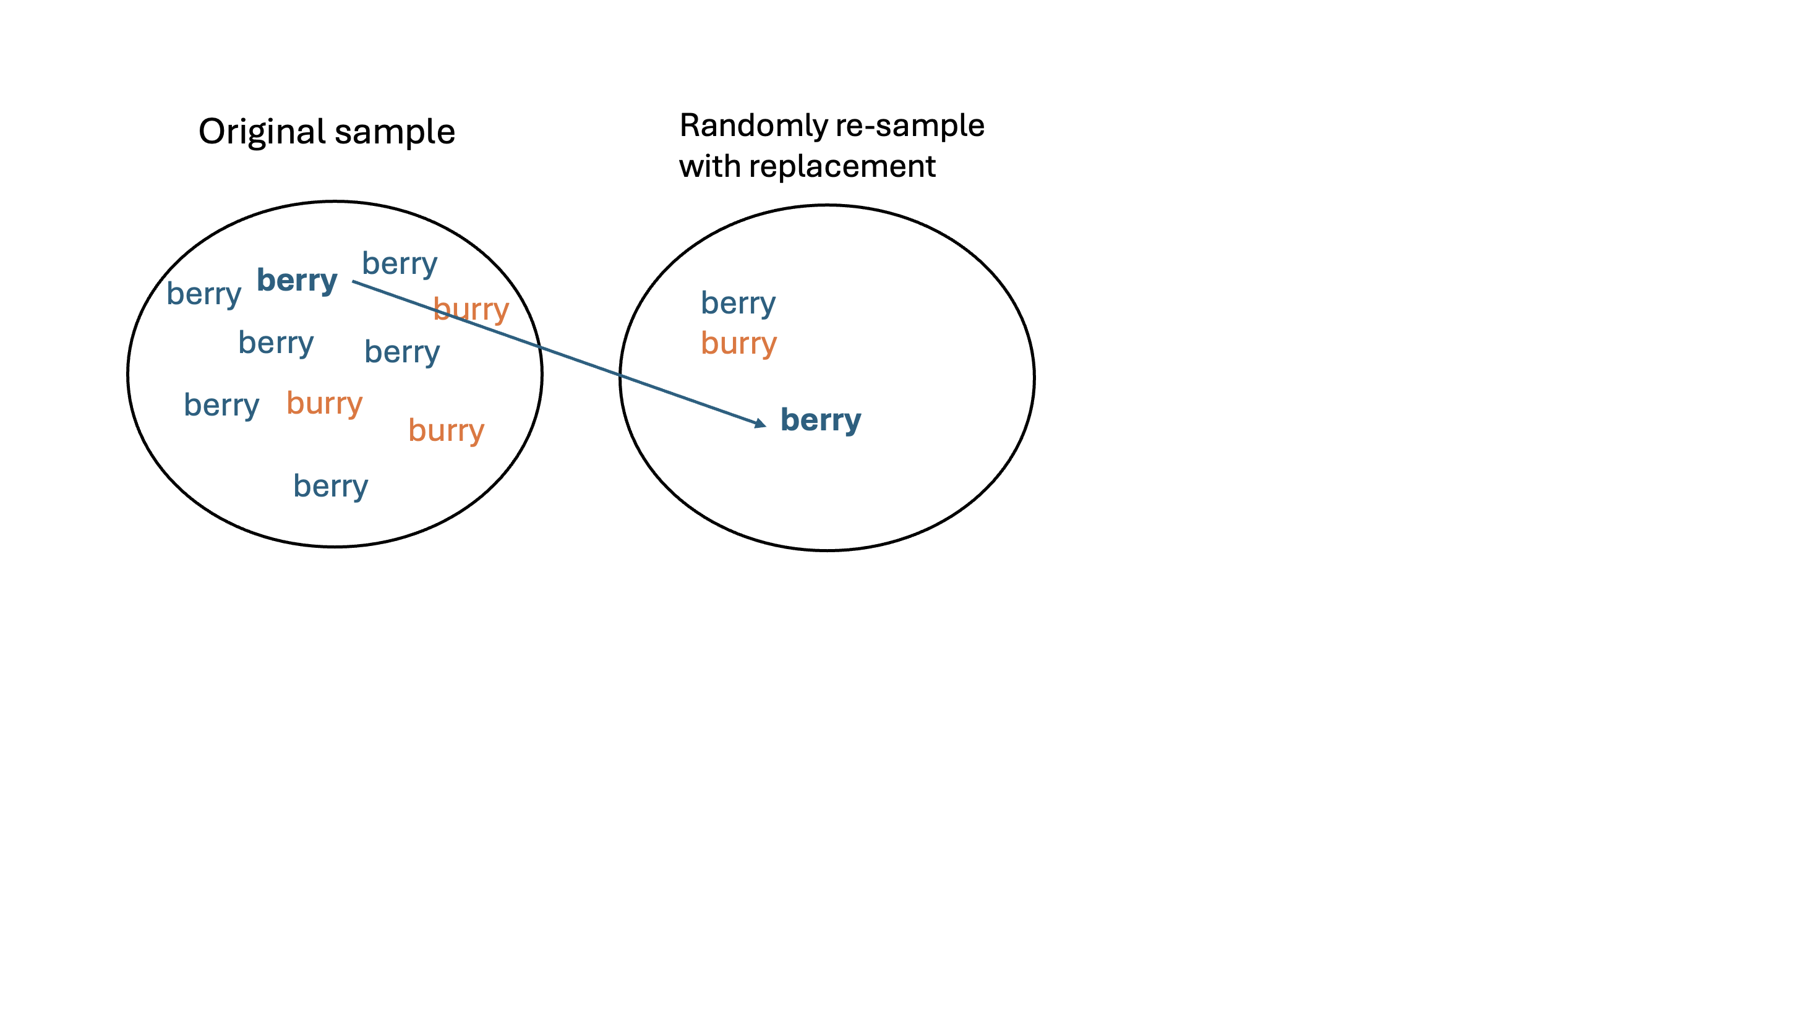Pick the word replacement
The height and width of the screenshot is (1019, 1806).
coord(841,166)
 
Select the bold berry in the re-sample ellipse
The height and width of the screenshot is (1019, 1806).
coord(820,420)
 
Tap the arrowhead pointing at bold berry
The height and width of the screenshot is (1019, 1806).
coord(760,424)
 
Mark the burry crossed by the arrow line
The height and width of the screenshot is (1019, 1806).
coord(471,309)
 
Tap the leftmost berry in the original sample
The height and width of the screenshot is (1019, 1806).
coord(203,294)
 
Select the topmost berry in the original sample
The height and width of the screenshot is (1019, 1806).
coord(400,263)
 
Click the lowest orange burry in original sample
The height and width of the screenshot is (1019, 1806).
coord(446,430)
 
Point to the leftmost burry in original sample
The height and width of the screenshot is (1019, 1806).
coord(324,403)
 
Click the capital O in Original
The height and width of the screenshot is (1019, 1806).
coord(212,132)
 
